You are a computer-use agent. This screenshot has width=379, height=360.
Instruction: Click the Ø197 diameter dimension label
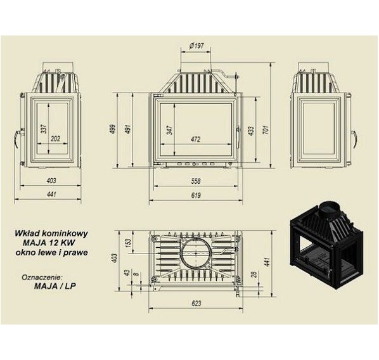[x=196, y=46]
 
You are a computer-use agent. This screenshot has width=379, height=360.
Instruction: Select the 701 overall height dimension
[x=266, y=130]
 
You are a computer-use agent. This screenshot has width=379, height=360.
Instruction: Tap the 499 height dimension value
[x=113, y=129]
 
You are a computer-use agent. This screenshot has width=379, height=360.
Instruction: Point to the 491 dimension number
[x=127, y=129]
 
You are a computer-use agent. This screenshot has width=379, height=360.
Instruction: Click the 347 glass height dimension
[x=170, y=130]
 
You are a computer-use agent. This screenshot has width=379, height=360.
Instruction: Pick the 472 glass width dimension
[x=196, y=139]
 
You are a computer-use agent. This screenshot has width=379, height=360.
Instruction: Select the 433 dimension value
[x=251, y=131]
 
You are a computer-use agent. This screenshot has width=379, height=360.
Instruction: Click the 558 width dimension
[x=196, y=181]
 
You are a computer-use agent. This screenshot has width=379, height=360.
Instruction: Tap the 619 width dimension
[x=196, y=195]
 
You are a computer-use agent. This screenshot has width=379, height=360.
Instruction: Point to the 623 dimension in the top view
[x=196, y=303]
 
